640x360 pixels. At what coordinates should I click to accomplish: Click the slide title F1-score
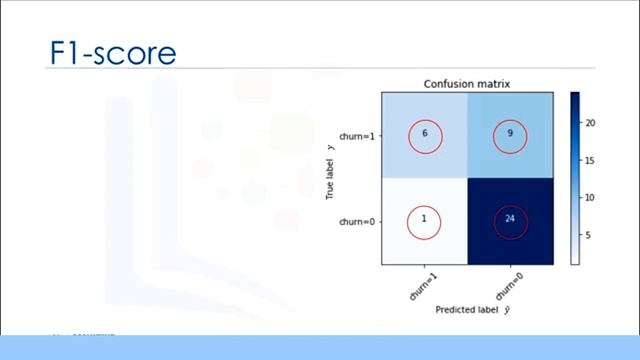coord(113,52)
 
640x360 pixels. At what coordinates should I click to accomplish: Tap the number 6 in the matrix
coord(424,136)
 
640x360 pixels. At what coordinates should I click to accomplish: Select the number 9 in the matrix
coord(509,136)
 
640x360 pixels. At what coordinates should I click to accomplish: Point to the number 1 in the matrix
coord(424,220)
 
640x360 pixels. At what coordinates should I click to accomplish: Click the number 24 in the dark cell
coord(509,220)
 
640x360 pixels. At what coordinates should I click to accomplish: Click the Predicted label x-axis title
coord(466,310)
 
